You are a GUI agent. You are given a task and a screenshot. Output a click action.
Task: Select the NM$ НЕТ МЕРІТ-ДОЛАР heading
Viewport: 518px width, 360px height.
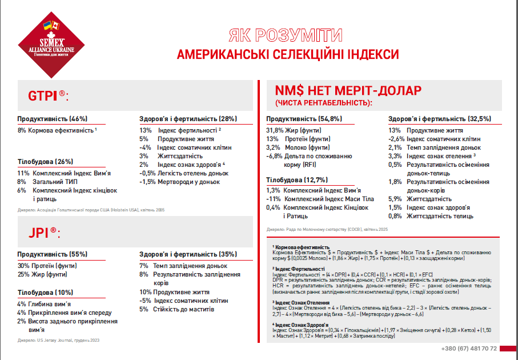(x=348, y=91)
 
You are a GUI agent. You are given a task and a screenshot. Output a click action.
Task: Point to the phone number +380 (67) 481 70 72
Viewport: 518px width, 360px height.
(x=469, y=349)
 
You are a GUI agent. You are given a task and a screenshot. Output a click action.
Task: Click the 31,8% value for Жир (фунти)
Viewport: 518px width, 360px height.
(x=275, y=130)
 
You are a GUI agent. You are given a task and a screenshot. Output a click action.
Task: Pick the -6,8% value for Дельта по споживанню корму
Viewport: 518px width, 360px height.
(x=275, y=156)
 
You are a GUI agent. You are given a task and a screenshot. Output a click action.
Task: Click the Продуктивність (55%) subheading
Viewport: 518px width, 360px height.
(x=52, y=254)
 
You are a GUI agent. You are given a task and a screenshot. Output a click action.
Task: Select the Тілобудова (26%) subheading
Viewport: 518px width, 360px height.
(x=45, y=161)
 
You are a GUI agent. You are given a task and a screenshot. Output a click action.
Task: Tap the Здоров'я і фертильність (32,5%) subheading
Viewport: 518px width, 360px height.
(x=439, y=119)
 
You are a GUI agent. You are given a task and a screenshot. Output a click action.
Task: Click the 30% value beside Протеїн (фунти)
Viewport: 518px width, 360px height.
(x=23, y=266)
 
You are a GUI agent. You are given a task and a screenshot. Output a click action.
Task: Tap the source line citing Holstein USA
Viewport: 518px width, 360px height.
(x=91, y=210)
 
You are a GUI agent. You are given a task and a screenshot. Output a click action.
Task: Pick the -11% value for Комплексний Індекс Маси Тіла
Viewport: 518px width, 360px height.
(x=274, y=199)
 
